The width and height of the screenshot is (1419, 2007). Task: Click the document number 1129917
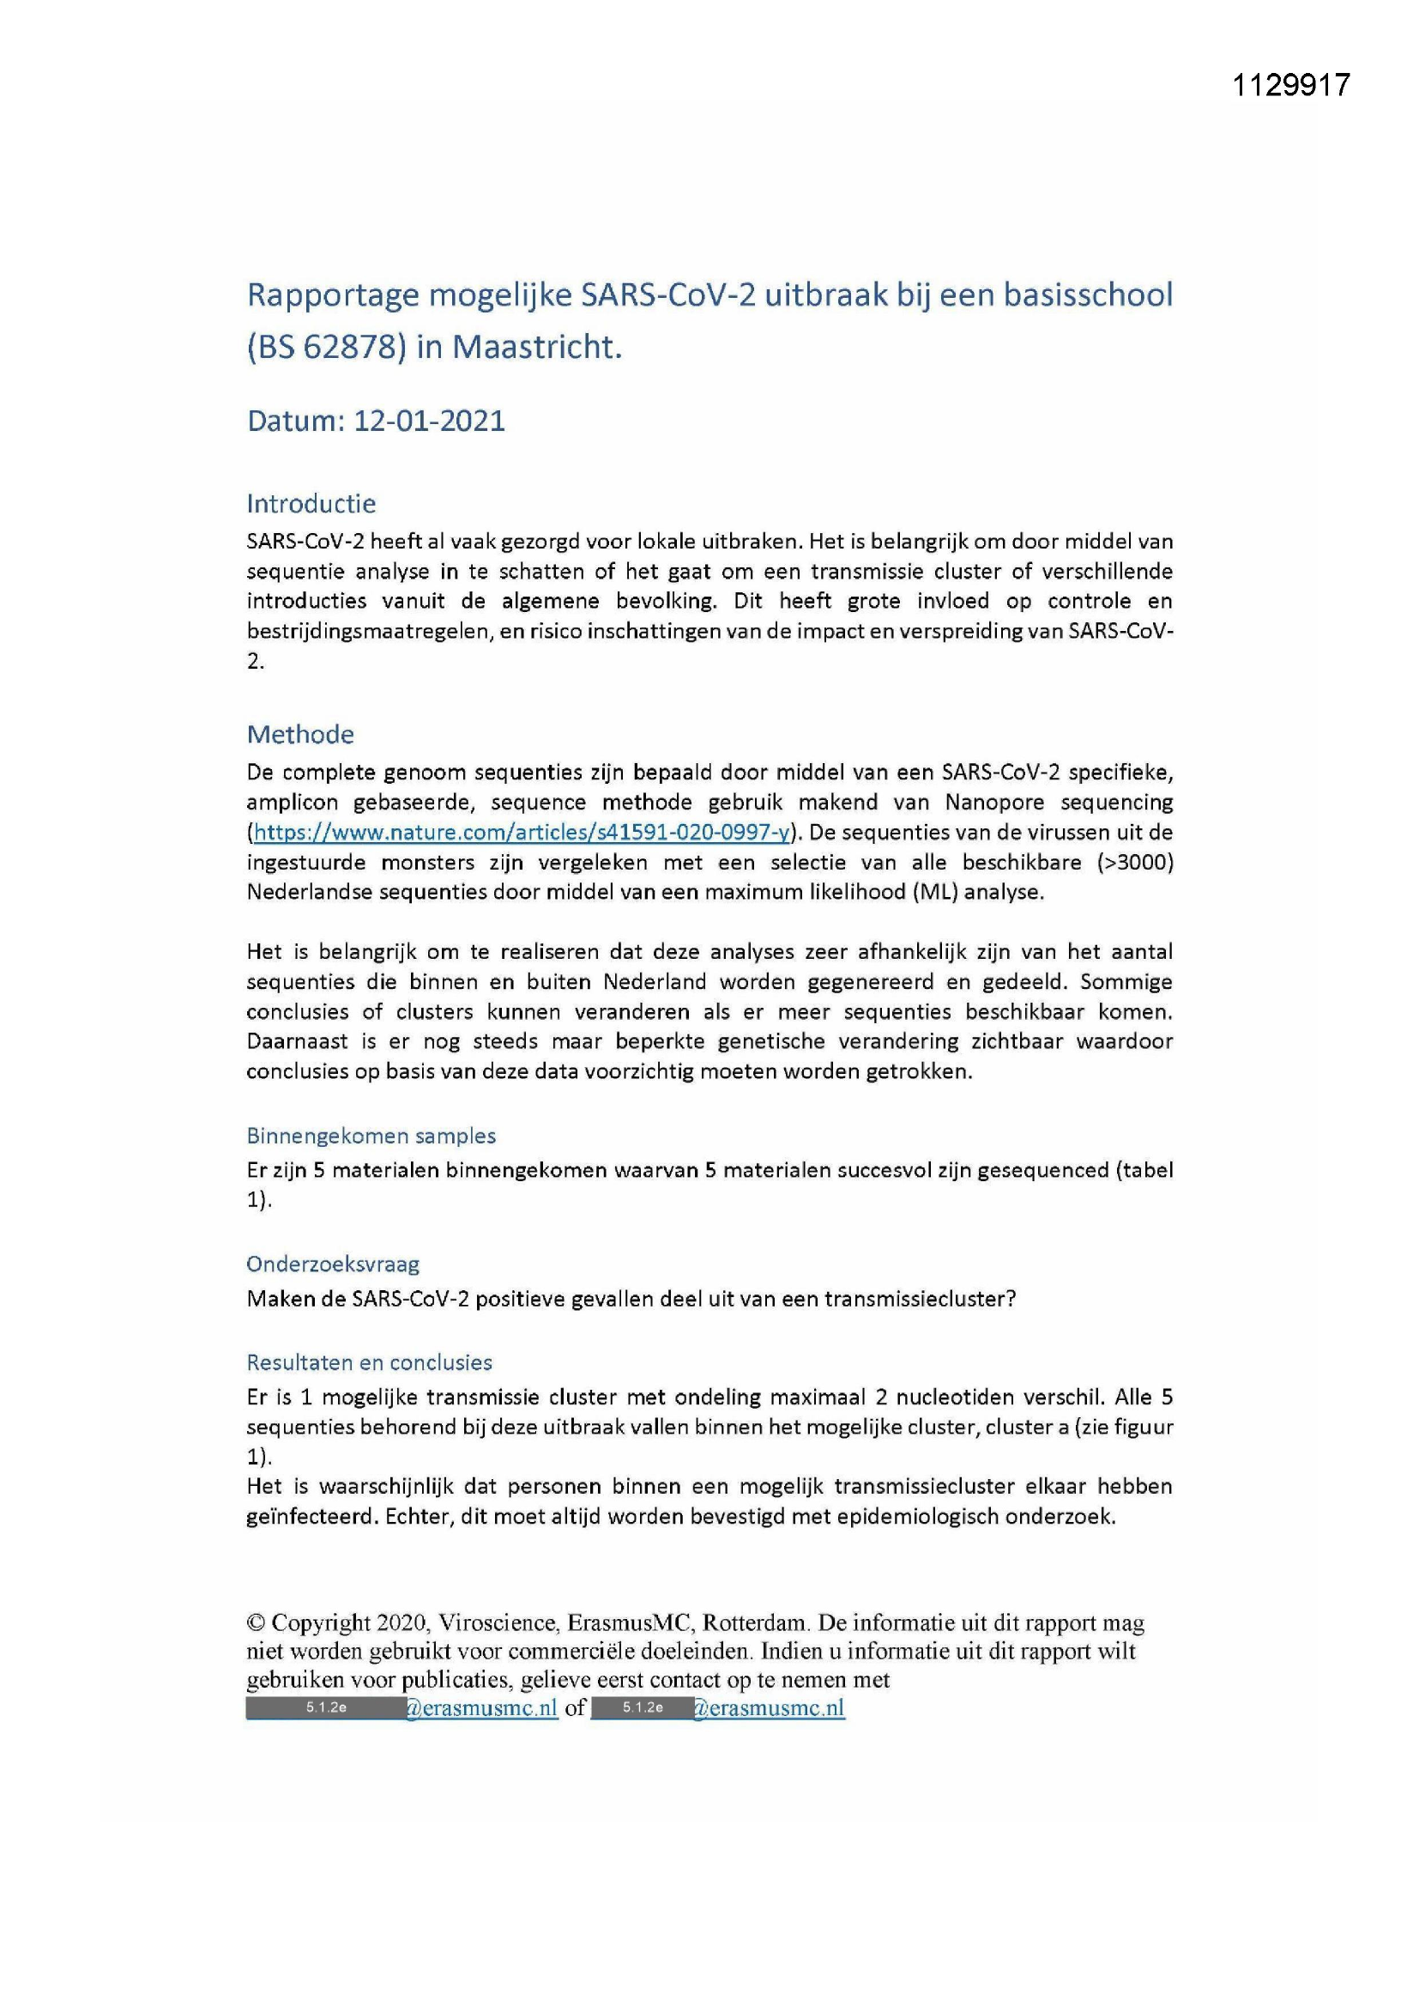pos(1290,85)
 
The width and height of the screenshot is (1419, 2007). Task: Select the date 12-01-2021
pos(429,421)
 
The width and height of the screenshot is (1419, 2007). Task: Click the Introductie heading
pos(311,504)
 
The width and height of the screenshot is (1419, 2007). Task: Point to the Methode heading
pos(299,734)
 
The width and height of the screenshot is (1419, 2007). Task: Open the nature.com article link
pos(522,832)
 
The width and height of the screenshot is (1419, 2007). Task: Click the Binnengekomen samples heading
pos(371,1136)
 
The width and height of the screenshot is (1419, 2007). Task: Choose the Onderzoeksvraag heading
pos(333,1264)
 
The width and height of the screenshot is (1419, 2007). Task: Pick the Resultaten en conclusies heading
pos(369,1361)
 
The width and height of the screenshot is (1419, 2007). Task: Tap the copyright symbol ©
pos(255,1623)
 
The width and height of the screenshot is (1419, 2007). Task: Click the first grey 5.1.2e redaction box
pos(325,1708)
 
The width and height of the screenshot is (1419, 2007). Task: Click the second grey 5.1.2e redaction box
pos(643,1708)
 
